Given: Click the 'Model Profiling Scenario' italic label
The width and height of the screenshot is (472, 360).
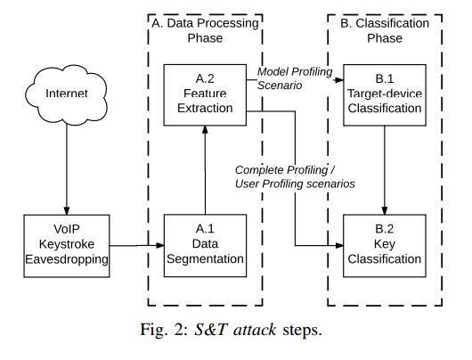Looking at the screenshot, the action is coord(295,78).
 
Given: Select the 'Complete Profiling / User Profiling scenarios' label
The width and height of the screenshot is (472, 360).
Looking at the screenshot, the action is coord(295,176).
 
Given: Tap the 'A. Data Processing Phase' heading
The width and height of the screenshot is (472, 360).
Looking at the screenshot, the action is coord(205,30).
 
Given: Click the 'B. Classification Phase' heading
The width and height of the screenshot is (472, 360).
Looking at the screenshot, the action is coord(385,30).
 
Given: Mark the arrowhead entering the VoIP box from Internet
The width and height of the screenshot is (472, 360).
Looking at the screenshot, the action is coord(67,211).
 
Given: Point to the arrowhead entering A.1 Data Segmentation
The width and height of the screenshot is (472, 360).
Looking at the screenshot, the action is coord(159,246).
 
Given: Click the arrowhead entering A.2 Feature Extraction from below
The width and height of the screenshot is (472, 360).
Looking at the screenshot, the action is coord(205,130).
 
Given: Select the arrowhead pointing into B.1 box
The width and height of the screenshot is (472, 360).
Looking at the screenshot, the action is coord(339,80).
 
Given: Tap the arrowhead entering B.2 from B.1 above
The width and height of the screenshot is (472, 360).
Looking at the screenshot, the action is coord(385,210).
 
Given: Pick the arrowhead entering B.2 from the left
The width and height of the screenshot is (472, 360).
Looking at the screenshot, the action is coord(339,246).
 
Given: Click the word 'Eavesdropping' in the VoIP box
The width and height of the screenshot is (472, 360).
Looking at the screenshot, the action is coord(67,259).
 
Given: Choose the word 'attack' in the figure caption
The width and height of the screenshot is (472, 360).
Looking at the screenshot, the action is coord(255,330).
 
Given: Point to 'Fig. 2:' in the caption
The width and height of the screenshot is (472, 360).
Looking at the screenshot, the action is coord(165,330).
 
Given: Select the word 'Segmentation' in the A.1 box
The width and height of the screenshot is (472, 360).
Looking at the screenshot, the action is coord(205,259).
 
